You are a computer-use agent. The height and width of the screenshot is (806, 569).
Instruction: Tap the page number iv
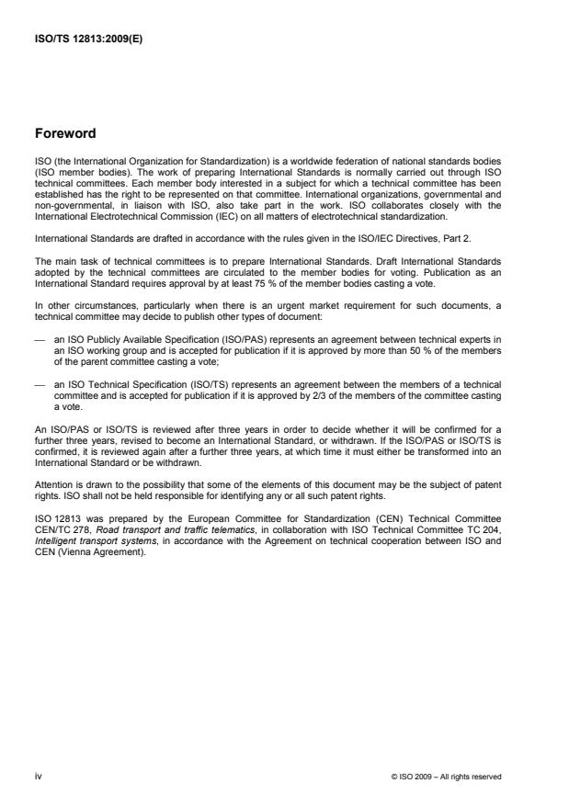point(38,776)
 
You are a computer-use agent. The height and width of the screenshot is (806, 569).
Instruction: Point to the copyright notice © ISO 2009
point(445,777)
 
